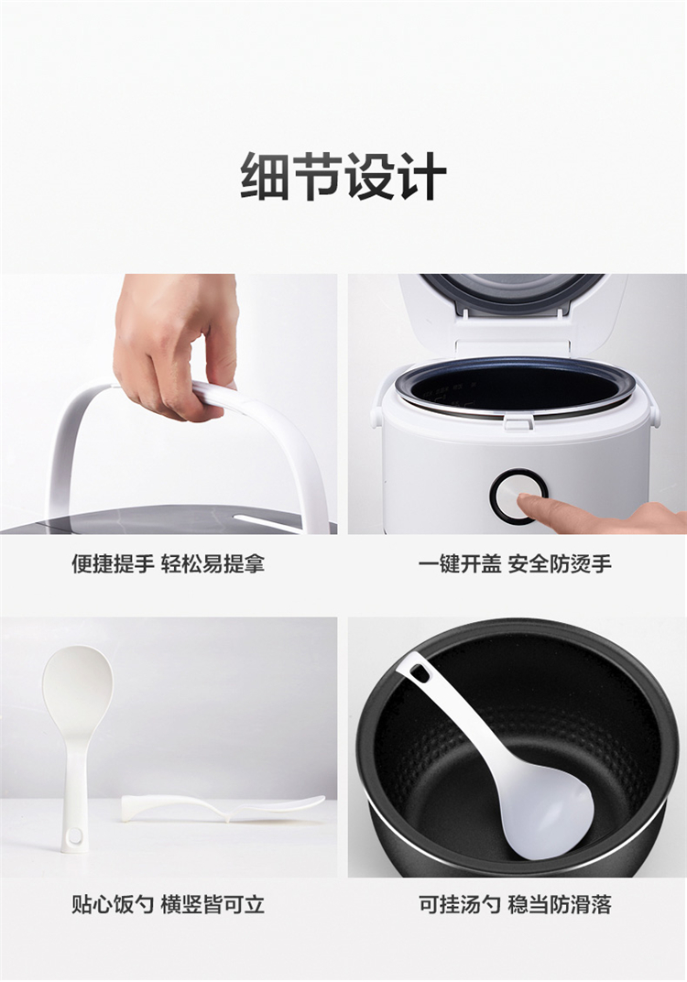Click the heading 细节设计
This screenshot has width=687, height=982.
tap(343, 176)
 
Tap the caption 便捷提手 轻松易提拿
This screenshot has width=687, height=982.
tap(169, 563)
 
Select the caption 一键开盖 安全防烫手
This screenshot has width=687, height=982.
tap(515, 563)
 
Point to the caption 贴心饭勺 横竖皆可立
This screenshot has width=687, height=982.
tap(169, 904)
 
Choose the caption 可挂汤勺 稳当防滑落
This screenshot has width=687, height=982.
tap(515, 904)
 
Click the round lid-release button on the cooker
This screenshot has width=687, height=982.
tap(519, 496)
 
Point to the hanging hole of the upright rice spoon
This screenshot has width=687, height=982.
tap(74, 835)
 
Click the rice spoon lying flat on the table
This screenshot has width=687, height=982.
tap(223, 808)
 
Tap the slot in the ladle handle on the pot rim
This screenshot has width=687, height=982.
tap(420, 674)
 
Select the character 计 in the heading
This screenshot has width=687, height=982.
tap(422, 176)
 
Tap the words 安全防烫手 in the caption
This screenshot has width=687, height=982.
tap(560, 563)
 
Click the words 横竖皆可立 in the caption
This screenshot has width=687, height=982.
tap(213, 904)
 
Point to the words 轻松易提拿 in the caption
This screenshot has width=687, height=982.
tap(213, 563)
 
